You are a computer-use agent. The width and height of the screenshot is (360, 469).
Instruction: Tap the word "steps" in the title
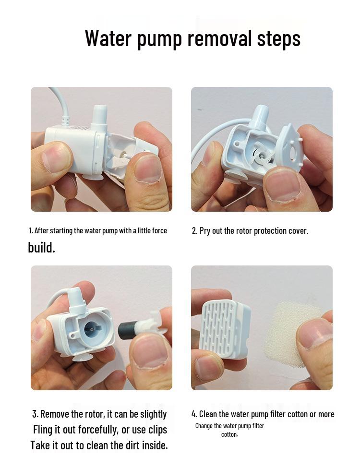pyautogui.click(x=279, y=39)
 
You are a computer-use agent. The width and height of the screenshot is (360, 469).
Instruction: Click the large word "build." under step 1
pyautogui.click(x=42, y=247)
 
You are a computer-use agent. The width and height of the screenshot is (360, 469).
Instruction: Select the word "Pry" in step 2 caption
pyautogui.click(x=205, y=231)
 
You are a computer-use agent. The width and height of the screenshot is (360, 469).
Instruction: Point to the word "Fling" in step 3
pyautogui.click(x=43, y=430)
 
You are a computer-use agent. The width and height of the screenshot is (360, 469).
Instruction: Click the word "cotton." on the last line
pyautogui.click(x=229, y=434)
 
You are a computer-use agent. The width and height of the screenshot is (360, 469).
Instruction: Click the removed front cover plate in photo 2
pyautogui.click(x=290, y=150)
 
